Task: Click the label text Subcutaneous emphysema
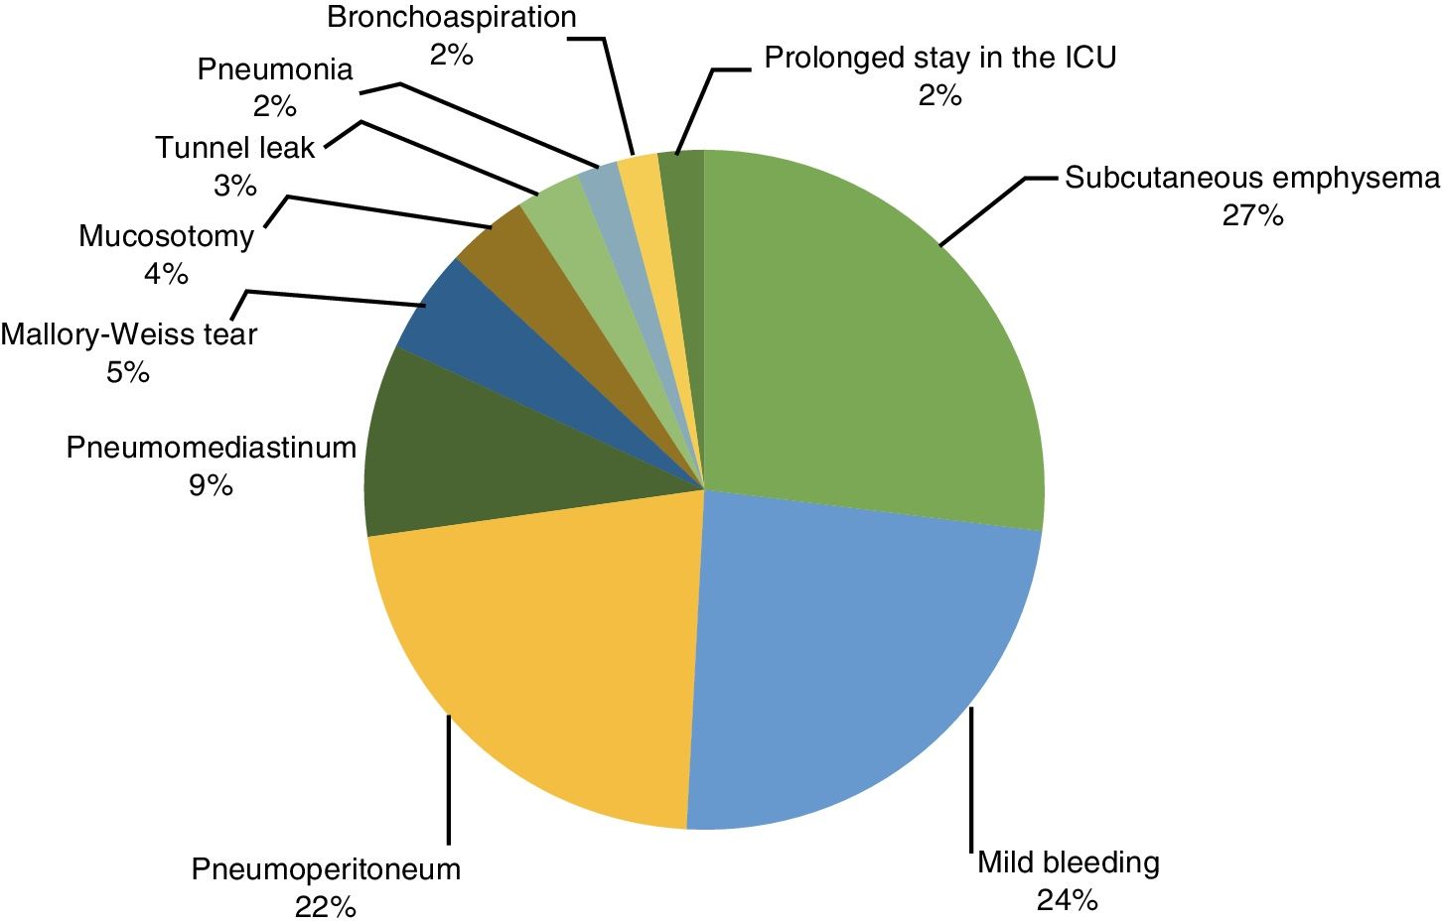click(1251, 179)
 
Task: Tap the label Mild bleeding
click(1068, 861)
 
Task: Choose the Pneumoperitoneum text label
click(326, 869)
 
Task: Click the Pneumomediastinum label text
click(211, 448)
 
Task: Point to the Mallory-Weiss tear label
click(128, 334)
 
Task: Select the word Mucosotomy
click(166, 236)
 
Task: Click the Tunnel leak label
click(234, 148)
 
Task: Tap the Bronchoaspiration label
click(451, 17)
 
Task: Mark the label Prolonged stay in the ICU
click(939, 58)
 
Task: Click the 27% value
click(1252, 215)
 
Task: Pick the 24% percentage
click(1067, 899)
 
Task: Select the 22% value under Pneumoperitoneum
click(325, 906)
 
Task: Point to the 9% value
click(211, 485)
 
